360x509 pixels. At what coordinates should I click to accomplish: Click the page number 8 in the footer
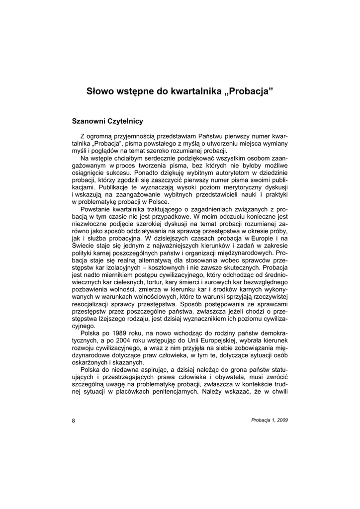pos(74,420)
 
